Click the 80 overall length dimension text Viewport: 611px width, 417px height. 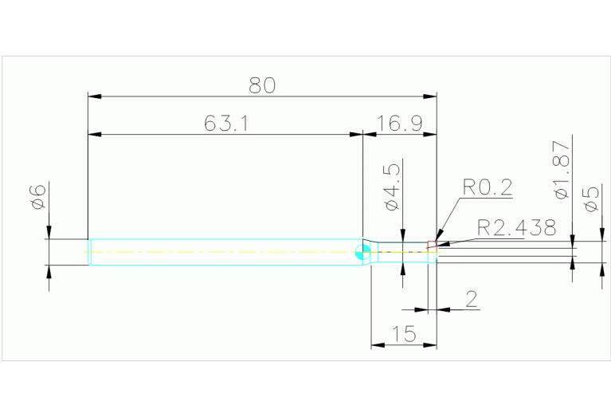pyautogui.click(x=262, y=85)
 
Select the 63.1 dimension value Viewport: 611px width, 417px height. pyautogui.click(x=226, y=124)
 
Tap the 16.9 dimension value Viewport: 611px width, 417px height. pyautogui.click(x=400, y=124)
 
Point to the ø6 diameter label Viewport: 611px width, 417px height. pyautogui.click(x=38, y=197)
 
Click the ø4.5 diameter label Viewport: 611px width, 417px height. pyautogui.click(x=392, y=187)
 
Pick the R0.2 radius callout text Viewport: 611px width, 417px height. pyautogui.click(x=487, y=187)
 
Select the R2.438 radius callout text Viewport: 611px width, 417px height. pyautogui.click(x=517, y=227)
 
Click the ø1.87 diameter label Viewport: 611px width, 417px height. pyautogui.click(x=562, y=170)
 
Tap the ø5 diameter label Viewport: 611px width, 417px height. pyautogui.click(x=592, y=199)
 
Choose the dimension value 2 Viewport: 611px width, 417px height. pyautogui.click(x=471, y=299)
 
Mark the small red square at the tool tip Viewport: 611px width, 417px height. pyautogui.click(x=432, y=245)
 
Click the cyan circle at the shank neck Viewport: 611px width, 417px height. pyautogui.click(x=362, y=252)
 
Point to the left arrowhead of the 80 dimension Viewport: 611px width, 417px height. pyautogui.click(x=95, y=96)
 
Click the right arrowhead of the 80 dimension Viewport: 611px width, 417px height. pyautogui.click(x=430, y=96)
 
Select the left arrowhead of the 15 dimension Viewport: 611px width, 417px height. pyautogui.click(x=378, y=345)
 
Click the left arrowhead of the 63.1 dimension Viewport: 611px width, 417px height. pyautogui.click(x=95, y=135)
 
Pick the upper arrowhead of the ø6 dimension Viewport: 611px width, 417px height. pyautogui.click(x=49, y=232)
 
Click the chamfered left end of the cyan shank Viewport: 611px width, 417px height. pyautogui.click(x=90, y=252)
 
